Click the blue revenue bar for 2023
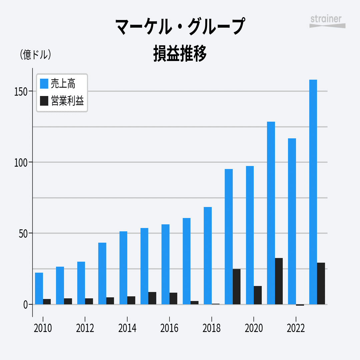point(313,192)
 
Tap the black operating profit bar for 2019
point(236,286)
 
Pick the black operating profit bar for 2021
point(279,281)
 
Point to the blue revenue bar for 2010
point(39,288)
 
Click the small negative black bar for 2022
point(300,305)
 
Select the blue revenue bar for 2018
point(208,255)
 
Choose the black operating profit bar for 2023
point(321,283)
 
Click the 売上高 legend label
point(63,84)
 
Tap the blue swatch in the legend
point(44,84)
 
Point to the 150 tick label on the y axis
point(21,91)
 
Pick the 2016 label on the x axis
point(169,328)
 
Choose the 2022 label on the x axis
point(296,328)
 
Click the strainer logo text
point(326,19)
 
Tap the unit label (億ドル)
point(35,55)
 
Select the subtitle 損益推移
point(180,53)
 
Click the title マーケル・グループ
point(180,27)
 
